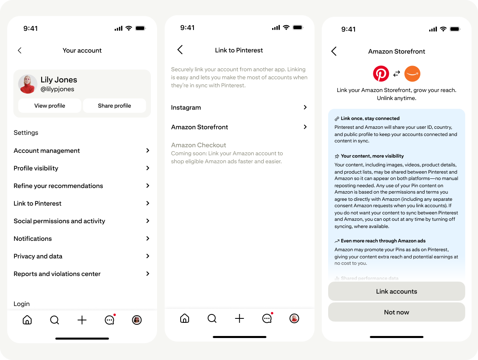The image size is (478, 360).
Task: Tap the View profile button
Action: tap(50, 106)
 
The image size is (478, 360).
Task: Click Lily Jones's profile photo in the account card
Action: tap(28, 84)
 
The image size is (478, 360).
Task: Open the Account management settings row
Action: tap(82, 151)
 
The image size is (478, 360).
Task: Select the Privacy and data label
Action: tap(38, 256)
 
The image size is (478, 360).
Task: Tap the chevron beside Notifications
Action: tap(147, 238)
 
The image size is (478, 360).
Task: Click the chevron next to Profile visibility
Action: tap(147, 168)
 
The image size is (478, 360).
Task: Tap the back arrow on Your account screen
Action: tap(20, 50)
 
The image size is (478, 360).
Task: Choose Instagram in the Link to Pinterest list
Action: tap(239, 107)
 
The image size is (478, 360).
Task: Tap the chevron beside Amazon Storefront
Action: tap(305, 127)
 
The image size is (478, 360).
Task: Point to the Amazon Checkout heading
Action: tap(199, 145)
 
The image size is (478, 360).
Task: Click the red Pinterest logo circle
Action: tap(381, 74)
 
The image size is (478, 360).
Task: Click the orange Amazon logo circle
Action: tap(412, 74)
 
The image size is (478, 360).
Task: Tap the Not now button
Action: tap(396, 312)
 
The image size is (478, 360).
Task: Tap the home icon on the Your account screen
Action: tap(27, 320)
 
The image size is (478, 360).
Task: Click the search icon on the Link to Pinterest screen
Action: tap(212, 318)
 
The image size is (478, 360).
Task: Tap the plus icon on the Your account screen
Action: tap(82, 320)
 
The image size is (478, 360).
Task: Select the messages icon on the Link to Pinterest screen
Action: tap(267, 318)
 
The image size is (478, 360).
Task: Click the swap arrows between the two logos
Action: tap(396, 74)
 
